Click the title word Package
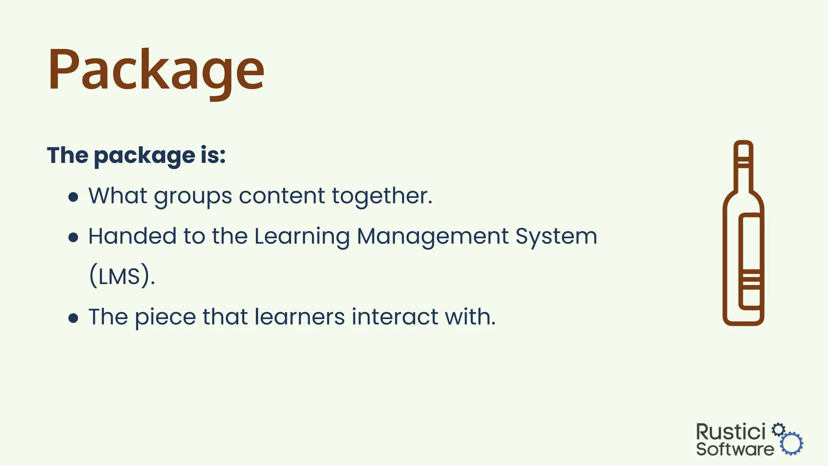[156, 71]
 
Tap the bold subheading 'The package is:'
[136, 155]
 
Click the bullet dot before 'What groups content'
[73, 197]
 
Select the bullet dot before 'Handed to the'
[73, 237]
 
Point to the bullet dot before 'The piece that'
[73, 318]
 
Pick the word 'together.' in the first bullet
[382, 196]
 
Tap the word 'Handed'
[132, 236]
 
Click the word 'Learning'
[302, 237]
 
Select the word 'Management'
[433, 237]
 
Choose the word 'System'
[556, 237]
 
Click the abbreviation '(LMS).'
[122, 277]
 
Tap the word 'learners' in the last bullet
[300, 317]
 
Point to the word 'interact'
[395, 317]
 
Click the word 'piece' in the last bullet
[165, 318]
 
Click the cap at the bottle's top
[743, 150]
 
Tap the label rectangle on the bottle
[750, 261]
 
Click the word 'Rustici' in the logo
[731, 432]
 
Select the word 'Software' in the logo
[735, 449]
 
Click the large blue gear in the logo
[792, 444]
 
